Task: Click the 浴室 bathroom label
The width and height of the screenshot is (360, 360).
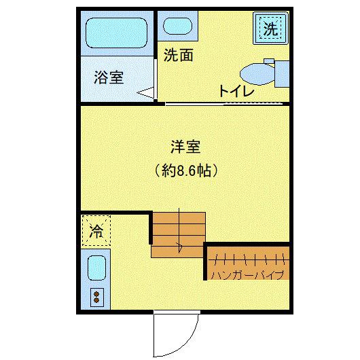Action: [x=109, y=77]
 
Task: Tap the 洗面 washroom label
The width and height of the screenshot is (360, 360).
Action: [x=179, y=56]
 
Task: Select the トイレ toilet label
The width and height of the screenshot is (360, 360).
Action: [x=236, y=91]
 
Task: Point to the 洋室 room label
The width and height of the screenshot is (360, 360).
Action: [x=185, y=146]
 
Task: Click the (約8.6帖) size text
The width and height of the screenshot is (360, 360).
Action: [x=185, y=170]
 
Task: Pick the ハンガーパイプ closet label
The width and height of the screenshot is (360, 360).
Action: [x=247, y=275]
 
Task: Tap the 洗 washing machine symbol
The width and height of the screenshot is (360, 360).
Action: [x=270, y=30]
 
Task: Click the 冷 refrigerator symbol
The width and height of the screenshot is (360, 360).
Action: [x=96, y=230]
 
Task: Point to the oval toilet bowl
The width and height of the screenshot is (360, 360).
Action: [x=256, y=72]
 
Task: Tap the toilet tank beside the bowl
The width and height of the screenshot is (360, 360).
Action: [x=281, y=73]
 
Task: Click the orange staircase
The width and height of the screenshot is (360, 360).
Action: [x=178, y=234]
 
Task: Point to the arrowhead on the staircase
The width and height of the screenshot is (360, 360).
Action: [x=179, y=247]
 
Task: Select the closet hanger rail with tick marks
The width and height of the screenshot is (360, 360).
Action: [x=247, y=259]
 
